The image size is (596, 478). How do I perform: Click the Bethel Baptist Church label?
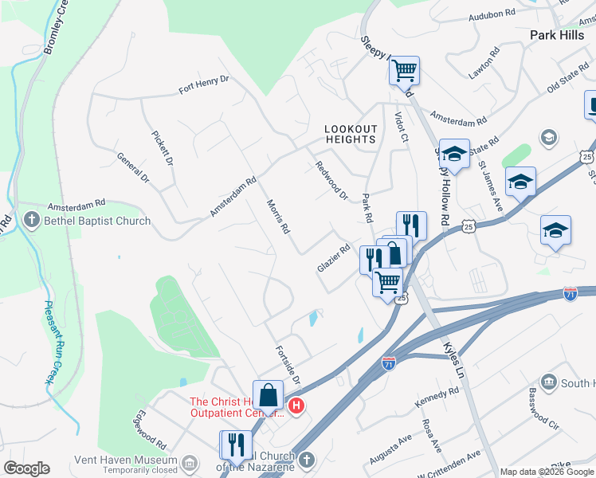97,221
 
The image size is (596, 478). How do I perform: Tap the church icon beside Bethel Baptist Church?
32,219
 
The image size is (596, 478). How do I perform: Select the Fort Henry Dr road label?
203,84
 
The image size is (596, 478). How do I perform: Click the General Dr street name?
133,167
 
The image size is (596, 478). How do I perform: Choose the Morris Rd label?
277,216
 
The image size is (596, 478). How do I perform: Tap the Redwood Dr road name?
331,181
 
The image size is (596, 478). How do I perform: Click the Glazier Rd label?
334,258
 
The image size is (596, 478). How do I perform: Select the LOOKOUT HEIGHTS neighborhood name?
350,134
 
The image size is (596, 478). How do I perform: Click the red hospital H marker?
296,406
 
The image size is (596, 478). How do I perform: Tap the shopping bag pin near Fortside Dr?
269,395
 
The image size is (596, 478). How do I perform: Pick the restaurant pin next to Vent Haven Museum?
235,444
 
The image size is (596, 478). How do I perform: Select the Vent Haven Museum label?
125,460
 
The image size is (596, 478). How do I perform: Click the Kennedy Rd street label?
437,398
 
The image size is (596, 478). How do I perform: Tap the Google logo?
27,468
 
